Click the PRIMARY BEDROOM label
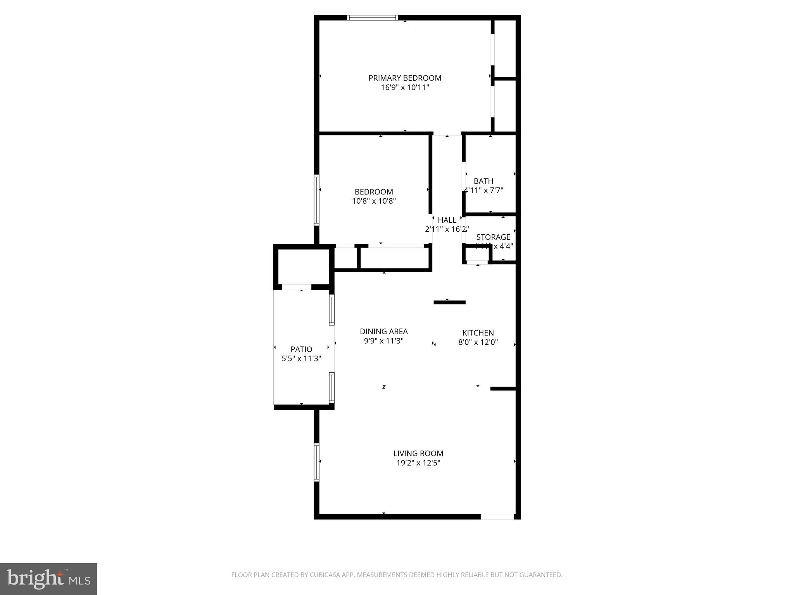(405, 78)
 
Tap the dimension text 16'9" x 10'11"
(405, 88)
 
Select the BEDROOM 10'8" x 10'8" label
(374, 196)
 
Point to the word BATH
(483, 181)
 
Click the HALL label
(447, 220)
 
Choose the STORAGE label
(493, 237)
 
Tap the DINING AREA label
(384, 332)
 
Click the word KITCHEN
(478, 333)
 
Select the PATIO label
(301, 349)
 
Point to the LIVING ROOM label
(418, 453)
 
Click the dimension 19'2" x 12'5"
(418, 463)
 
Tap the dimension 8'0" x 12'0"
(478, 342)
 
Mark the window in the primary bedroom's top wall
(372, 17)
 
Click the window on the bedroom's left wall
(316, 200)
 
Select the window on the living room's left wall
(316, 462)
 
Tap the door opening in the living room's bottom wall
(497, 516)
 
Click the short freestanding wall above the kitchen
(449, 302)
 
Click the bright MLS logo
(48, 579)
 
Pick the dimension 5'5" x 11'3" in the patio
(301, 359)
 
